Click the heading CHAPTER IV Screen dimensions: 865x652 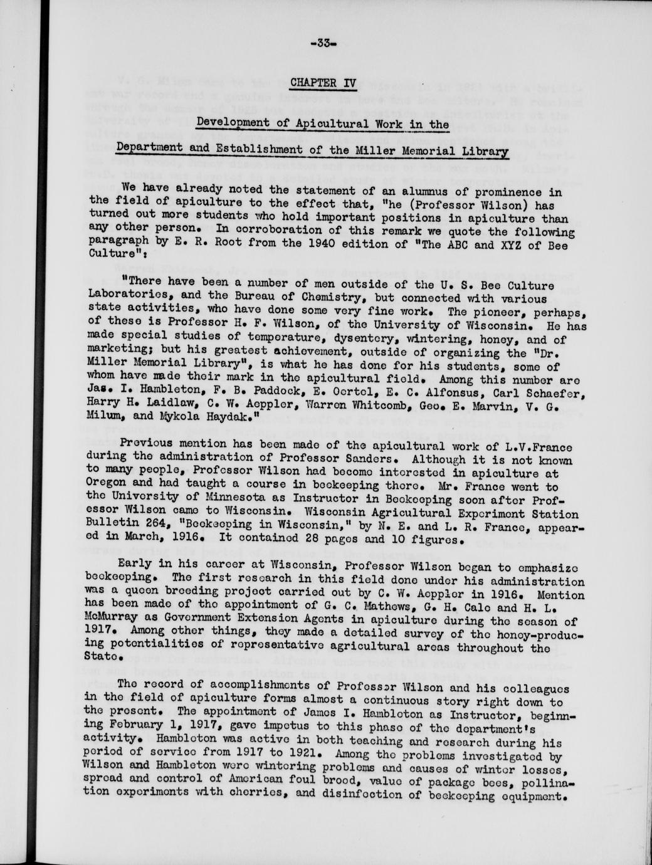tap(323, 83)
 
